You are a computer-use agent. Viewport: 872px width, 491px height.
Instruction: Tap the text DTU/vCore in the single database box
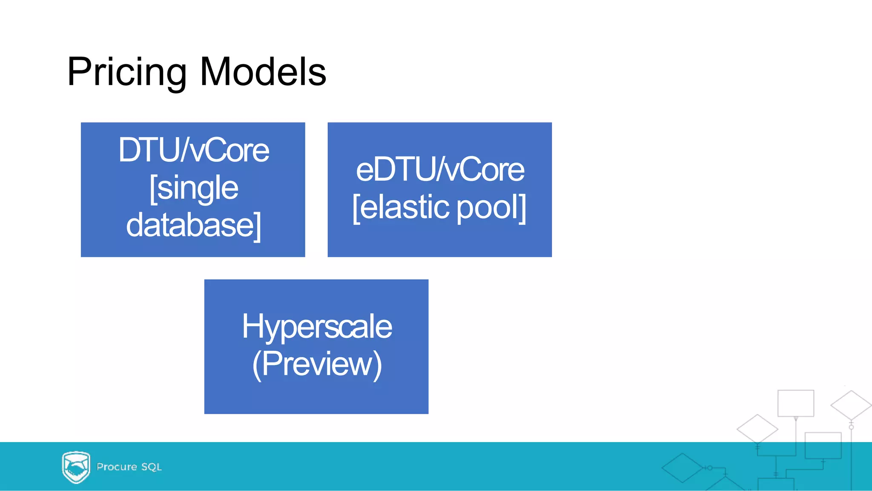(193, 150)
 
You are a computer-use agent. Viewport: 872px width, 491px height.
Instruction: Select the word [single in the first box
(193, 188)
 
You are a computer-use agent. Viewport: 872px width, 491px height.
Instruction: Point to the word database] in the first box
(193, 225)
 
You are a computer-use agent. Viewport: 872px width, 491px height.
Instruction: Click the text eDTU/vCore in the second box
(440, 169)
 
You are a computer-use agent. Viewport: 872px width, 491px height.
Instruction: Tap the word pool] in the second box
(491, 207)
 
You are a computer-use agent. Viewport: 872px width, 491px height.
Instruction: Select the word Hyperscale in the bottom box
(316, 327)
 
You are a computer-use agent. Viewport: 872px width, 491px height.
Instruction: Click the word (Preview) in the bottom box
(316, 364)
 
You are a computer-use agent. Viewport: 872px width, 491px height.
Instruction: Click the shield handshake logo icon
(76, 467)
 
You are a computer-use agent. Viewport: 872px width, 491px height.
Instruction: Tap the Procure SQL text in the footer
(129, 467)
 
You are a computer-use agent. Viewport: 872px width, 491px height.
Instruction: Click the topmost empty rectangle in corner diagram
(795, 403)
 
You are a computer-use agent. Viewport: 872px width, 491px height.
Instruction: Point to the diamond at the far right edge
(851, 405)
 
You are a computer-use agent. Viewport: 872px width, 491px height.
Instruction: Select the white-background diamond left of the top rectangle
(757, 429)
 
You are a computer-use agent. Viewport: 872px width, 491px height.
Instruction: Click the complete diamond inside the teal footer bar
(682, 468)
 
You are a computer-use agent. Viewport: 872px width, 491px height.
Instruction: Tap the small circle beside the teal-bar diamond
(710, 468)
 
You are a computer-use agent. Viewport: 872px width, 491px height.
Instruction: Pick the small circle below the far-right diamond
(851, 427)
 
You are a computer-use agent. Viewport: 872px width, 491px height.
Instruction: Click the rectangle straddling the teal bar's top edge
(823, 445)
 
